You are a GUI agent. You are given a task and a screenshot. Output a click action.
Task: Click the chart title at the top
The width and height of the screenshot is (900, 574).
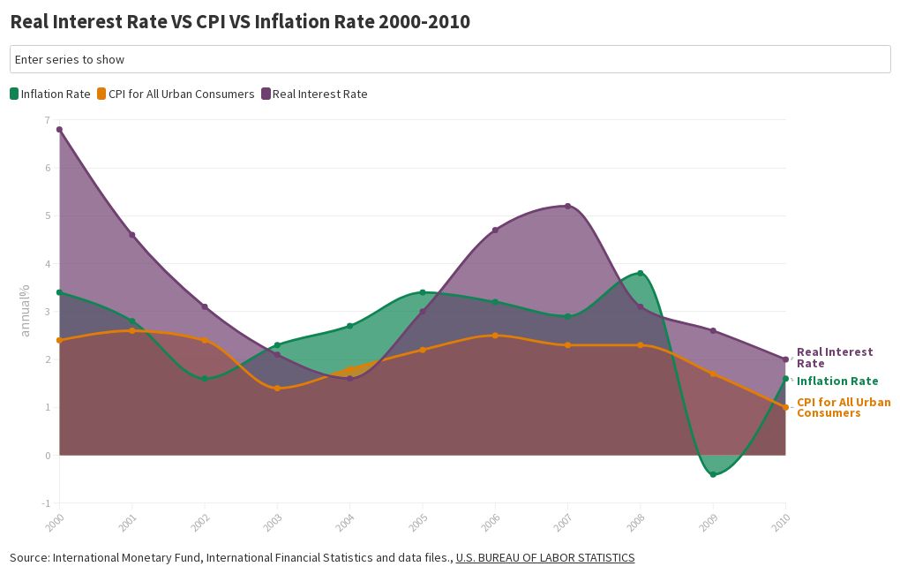point(240,22)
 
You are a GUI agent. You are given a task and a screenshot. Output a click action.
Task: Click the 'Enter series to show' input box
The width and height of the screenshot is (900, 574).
point(450,59)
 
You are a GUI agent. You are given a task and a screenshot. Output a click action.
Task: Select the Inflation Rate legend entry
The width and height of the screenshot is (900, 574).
point(50,94)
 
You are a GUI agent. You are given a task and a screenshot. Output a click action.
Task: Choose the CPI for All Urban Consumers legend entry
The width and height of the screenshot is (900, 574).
point(176,94)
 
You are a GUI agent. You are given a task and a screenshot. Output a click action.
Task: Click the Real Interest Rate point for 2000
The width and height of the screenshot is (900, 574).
point(59,130)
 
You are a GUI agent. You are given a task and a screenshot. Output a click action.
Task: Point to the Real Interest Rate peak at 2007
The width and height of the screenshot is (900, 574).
point(567,206)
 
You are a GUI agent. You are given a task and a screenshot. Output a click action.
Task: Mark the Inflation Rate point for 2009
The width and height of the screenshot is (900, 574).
point(713,474)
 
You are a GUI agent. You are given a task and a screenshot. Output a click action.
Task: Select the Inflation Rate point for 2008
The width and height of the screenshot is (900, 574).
point(640,273)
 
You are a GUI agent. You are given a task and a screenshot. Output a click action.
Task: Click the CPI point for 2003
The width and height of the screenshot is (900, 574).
point(277,388)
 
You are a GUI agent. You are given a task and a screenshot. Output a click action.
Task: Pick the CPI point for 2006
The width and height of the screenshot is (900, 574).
point(495,336)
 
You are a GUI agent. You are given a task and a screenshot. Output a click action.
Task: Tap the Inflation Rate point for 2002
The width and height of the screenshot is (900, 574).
point(205,379)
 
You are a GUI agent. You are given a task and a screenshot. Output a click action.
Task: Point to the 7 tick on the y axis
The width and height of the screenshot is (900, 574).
point(48,119)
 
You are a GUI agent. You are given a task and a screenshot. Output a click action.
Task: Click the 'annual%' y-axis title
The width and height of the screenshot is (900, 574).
point(26,310)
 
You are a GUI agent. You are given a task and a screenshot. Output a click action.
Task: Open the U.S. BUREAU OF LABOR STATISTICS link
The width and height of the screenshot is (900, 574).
point(544,557)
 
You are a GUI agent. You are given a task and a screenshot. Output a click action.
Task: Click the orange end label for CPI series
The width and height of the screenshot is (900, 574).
point(843,407)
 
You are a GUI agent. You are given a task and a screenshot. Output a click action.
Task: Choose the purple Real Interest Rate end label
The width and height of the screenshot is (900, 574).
point(834,358)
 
